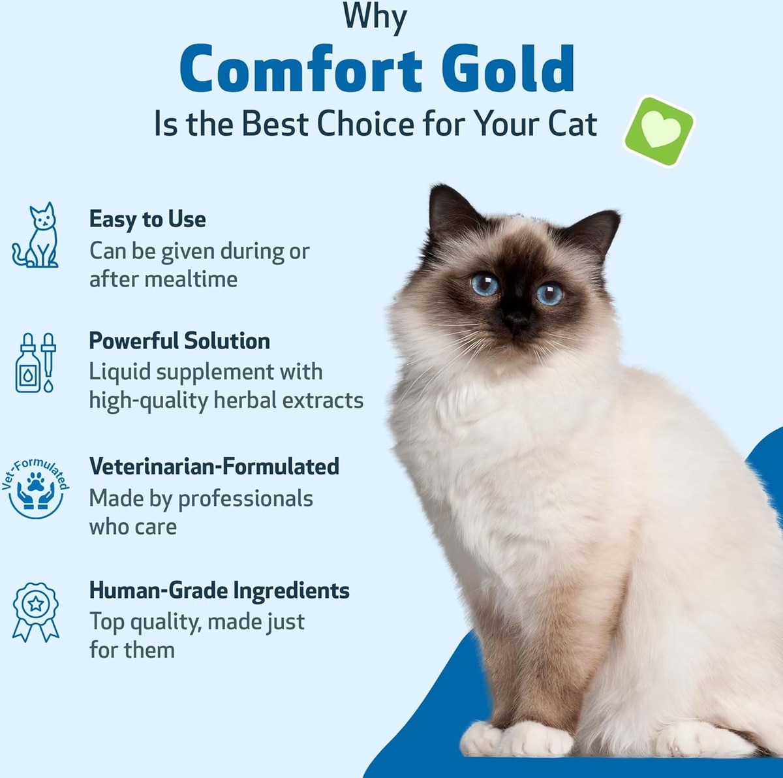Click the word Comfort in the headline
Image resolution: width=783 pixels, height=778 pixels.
(301, 69)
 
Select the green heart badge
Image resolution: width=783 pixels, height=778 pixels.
(658, 131)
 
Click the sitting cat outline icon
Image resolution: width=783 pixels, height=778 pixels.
(35, 235)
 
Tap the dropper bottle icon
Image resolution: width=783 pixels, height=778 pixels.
(36, 363)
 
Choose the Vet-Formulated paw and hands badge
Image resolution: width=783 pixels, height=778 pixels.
(35, 488)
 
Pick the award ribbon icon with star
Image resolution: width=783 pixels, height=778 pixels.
(36, 612)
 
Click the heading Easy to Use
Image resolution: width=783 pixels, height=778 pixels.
(147, 220)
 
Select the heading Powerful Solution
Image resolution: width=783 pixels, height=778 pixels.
(179, 341)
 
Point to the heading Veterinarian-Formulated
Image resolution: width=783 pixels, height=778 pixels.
(214, 466)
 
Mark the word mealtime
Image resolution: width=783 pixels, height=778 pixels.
(191, 279)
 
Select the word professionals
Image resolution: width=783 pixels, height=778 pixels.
(245, 499)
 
